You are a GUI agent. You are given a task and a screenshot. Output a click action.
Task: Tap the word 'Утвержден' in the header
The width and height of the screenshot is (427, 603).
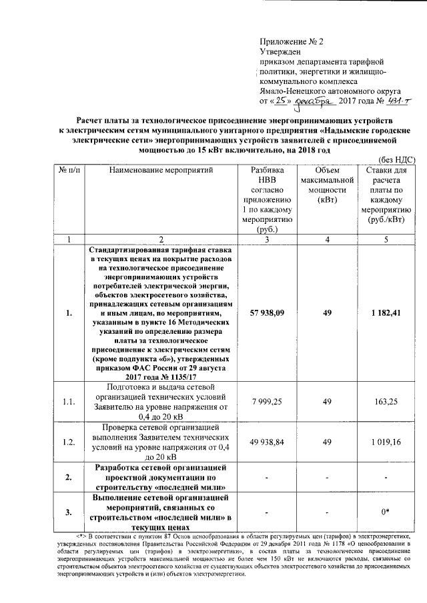point(280,52)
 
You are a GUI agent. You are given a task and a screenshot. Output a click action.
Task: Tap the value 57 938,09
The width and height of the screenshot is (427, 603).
point(267,312)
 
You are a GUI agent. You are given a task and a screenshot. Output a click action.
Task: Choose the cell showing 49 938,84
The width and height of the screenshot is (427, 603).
point(267,441)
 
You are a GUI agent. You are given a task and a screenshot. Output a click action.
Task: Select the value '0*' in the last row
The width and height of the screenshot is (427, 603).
point(386,512)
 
